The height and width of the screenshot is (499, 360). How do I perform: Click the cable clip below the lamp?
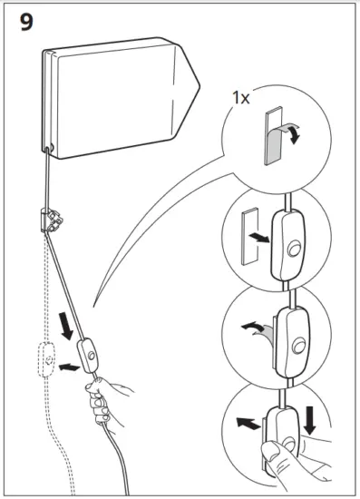(53, 220)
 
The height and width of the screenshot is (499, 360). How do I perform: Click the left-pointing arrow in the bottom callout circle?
(242, 422)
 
